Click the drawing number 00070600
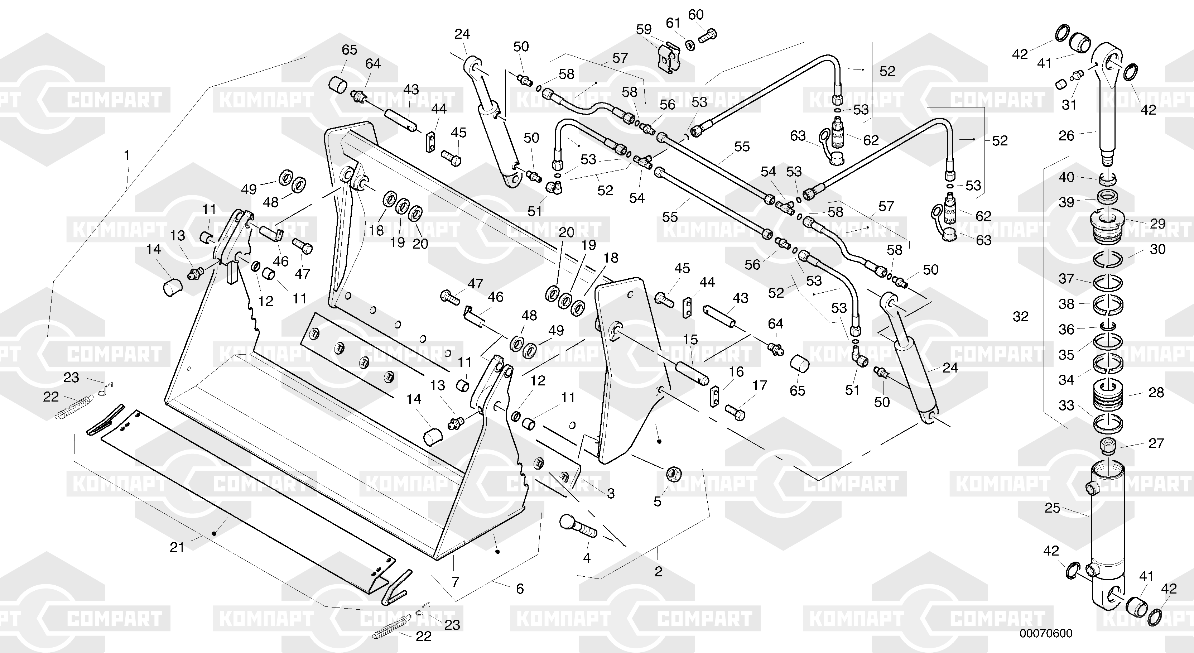point(1045,633)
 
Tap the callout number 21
point(177,547)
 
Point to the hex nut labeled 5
point(673,474)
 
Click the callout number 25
point(1053,508)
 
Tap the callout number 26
point(1067,136)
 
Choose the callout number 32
point(1021,317)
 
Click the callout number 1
point(126,155)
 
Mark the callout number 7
point(455,582)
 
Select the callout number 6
point(520,589)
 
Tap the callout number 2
point(658,571)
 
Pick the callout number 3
point(611,494)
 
